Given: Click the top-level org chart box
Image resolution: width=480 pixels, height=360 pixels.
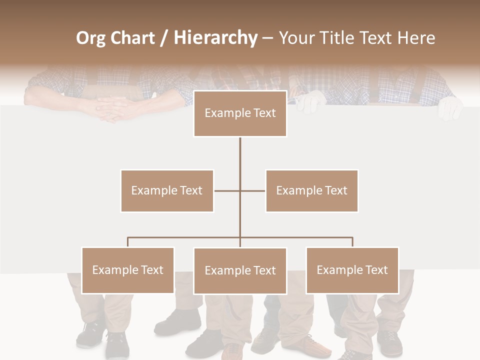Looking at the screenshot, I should click(240, 113).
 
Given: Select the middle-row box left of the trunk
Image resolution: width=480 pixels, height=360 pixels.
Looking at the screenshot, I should click(167, 190).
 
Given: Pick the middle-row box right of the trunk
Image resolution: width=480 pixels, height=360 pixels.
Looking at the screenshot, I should click(311, 190).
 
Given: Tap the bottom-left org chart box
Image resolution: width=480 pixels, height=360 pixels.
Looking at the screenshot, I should click(128, 270).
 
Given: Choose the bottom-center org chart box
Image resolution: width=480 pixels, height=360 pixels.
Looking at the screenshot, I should click(240, 270).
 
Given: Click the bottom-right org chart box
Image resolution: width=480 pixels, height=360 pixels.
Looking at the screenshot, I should click(352, 270).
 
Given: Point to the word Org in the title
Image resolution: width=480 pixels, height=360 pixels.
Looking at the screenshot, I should click(90, 38).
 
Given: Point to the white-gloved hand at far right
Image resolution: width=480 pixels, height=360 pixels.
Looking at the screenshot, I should click(449, 107).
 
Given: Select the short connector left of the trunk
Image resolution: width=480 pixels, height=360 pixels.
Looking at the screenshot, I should click(226, 190).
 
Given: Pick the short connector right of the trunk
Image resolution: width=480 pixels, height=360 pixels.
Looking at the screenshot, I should click(253, 190).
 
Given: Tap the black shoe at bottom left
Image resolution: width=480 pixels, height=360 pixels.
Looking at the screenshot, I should click(91, 334).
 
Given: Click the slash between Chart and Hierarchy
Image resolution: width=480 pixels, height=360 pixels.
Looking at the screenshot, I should click(164, 38).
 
